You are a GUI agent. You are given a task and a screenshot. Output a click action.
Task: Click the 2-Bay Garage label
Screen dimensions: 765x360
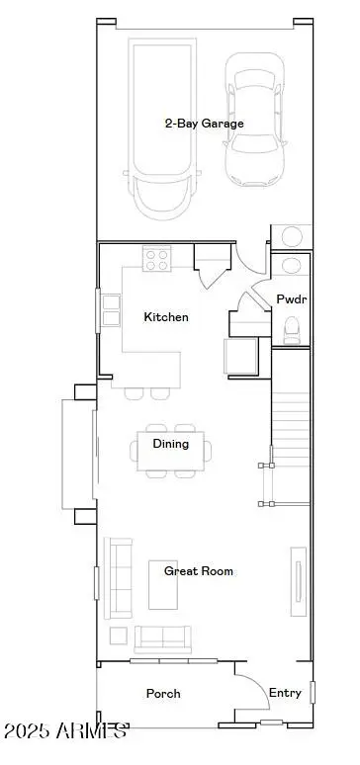coord(204,124)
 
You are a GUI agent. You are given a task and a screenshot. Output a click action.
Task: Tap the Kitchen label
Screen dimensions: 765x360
coord(165,317)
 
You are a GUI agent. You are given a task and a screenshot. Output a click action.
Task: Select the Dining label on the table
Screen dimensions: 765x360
coord(170,444)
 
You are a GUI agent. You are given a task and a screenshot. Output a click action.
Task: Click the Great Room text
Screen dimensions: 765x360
coord(199,571)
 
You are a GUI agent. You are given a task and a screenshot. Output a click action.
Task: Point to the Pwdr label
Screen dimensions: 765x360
coord(290,298)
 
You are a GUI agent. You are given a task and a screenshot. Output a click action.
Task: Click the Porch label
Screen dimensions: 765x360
coord(163,694)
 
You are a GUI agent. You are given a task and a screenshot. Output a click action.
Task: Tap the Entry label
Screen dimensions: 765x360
coord(285,693)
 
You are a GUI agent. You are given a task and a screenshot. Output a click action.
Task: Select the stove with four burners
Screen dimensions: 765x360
coord(157,259)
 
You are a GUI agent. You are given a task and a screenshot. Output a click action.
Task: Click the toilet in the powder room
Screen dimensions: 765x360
coord(292,328)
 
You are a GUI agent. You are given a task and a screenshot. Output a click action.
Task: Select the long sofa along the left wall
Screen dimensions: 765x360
coord(119,578)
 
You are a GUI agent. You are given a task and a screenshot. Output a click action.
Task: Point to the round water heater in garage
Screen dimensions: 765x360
coord(293,236)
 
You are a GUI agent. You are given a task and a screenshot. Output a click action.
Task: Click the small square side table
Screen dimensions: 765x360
coord(119,635)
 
